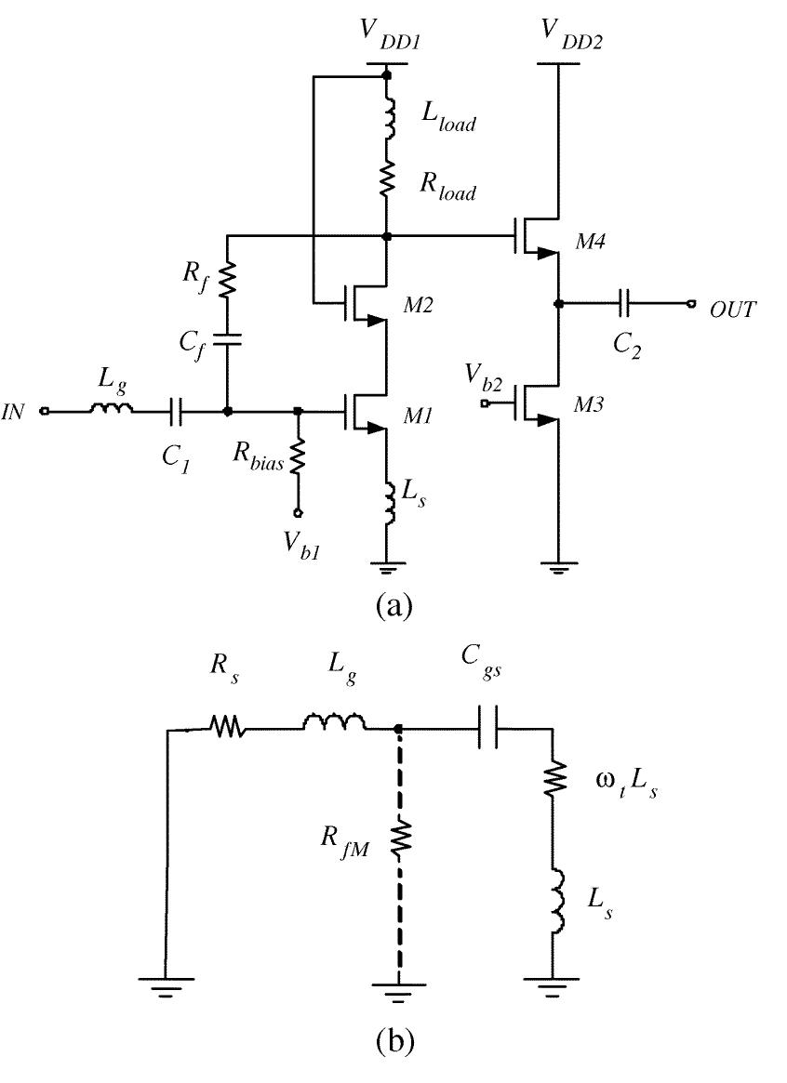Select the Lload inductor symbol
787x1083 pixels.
pos(388,115)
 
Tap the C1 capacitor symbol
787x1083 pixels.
pos(176,410)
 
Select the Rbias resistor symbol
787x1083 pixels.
pos(299,457)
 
